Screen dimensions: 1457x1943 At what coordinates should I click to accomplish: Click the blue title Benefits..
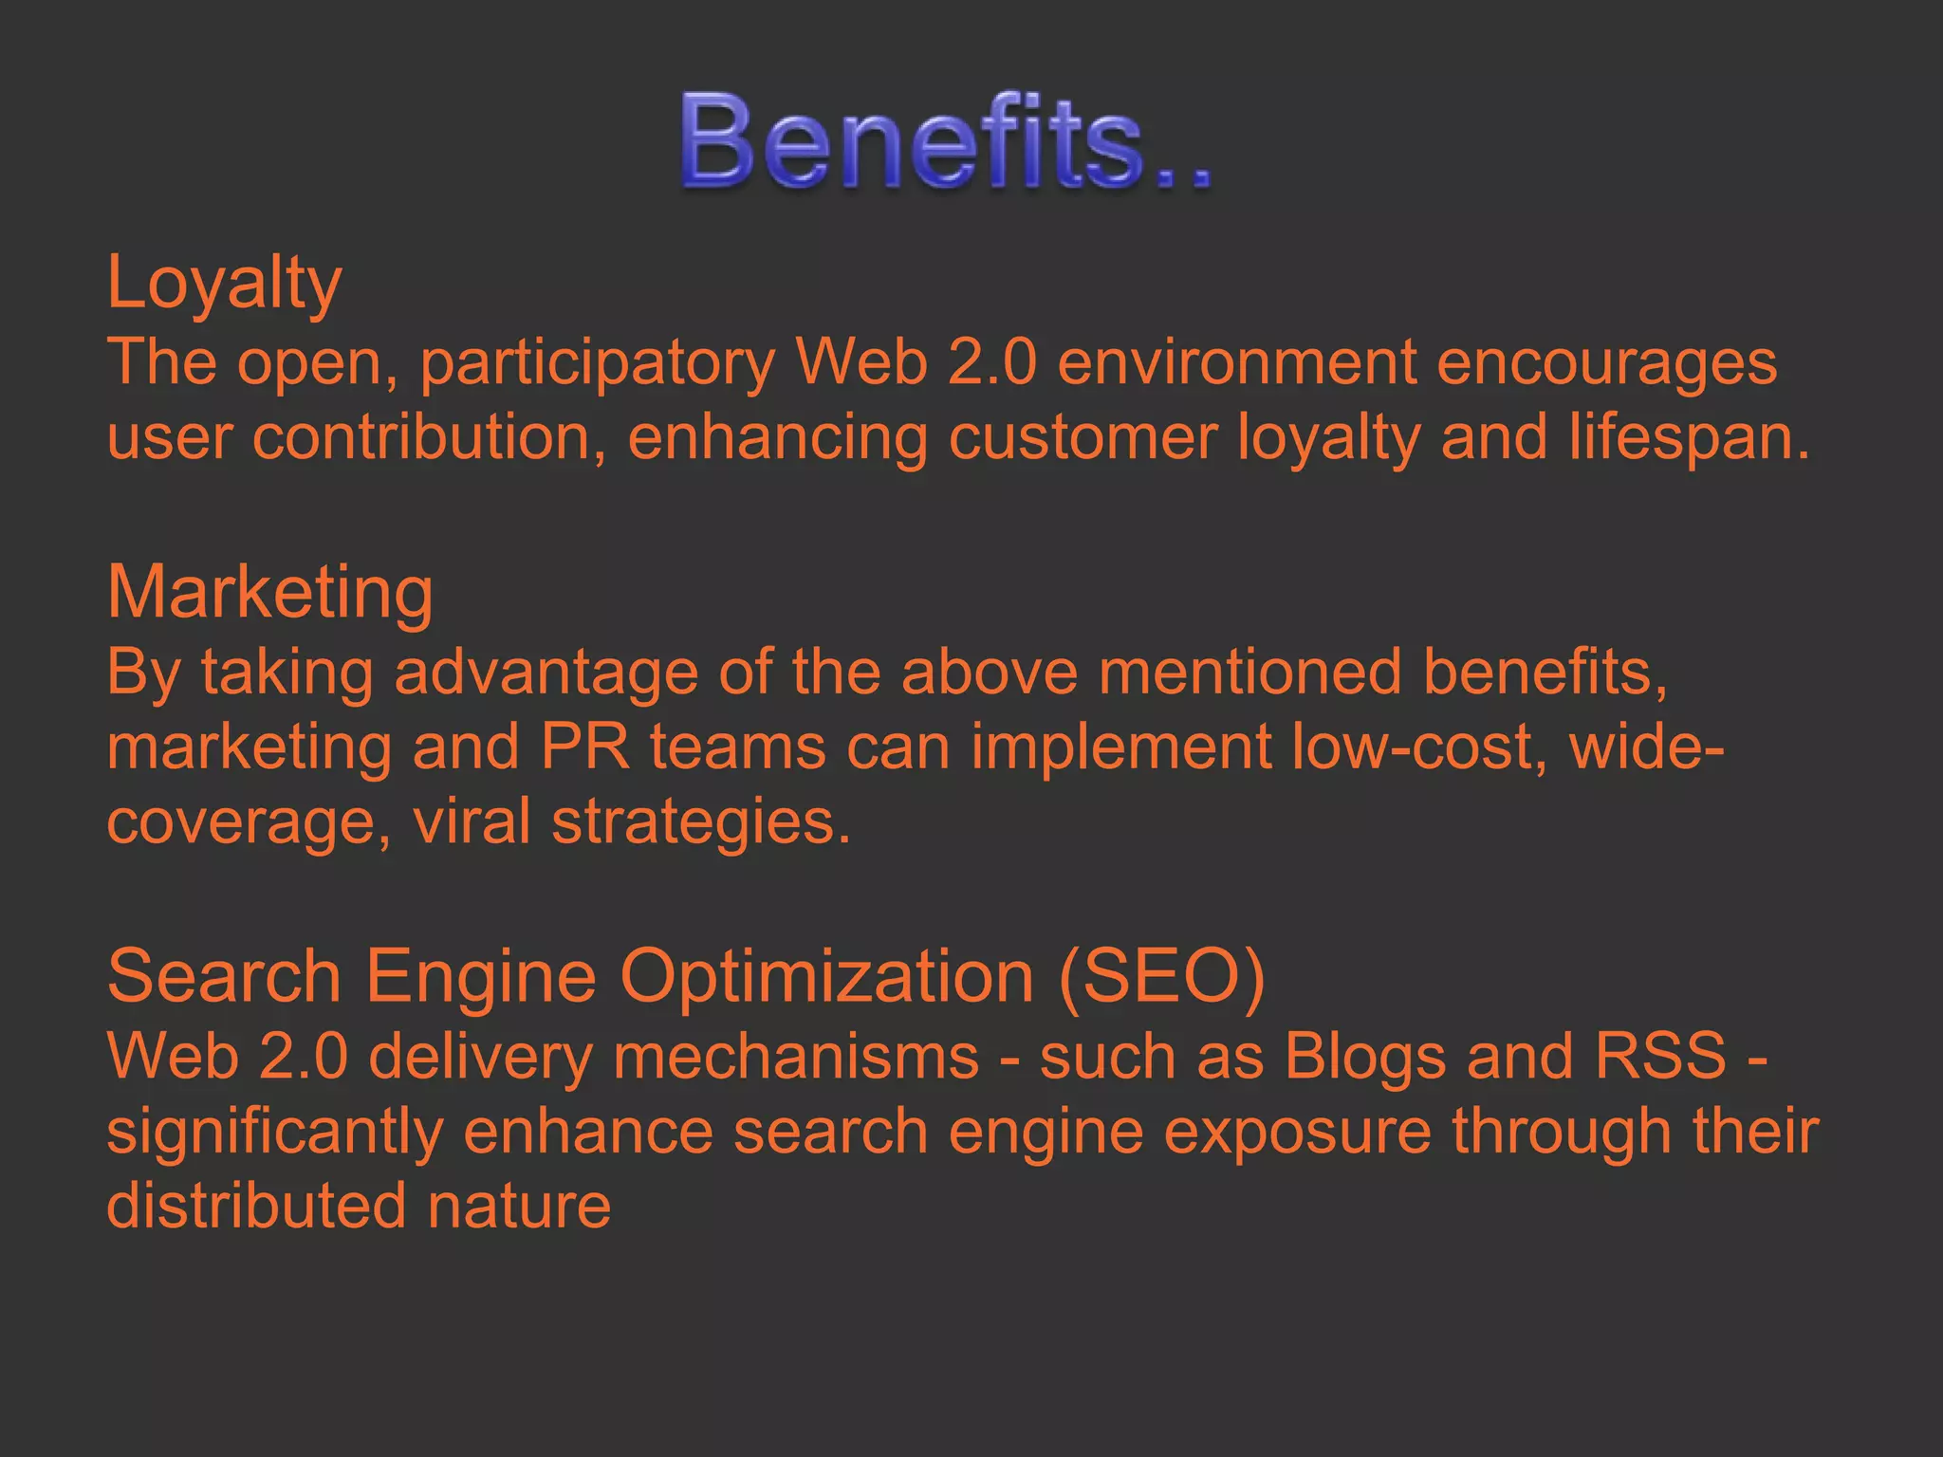click(x=944, y=142)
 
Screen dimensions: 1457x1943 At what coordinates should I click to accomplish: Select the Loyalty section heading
click(x=224, y=283)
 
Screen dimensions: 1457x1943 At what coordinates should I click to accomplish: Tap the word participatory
click(x=598, y=363)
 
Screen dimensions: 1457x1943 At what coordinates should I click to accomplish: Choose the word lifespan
click(x=1689, y=439)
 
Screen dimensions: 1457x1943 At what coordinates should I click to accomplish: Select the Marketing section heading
click(x=270, y=593)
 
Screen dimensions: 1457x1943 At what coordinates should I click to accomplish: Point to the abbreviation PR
click(x=585, y=747)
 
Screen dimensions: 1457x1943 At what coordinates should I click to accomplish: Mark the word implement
click(x=1120, y=747)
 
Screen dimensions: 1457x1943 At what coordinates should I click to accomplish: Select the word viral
click(x=472, y=821)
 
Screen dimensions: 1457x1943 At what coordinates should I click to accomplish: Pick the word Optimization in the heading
click(x=826, y=976)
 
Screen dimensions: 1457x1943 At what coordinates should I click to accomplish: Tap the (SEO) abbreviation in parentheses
click(x=1161, y=976)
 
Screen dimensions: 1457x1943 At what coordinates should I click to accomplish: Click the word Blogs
click(x=1365, y=1056)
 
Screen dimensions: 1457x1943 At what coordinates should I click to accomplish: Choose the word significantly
click(x=275, y=1133)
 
